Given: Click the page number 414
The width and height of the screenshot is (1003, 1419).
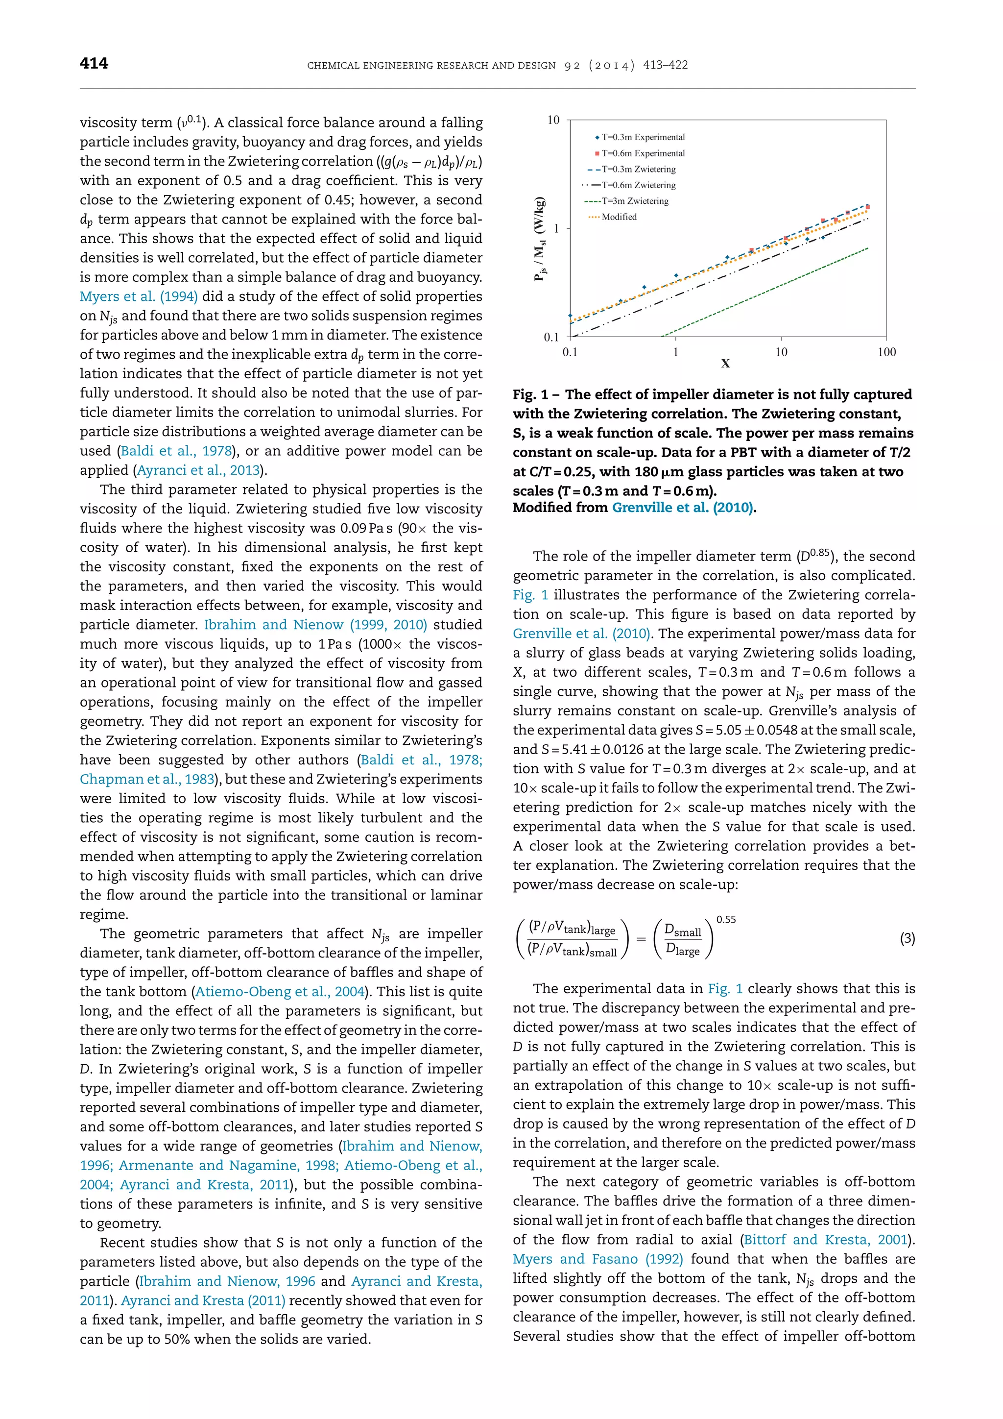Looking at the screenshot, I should [94, 63].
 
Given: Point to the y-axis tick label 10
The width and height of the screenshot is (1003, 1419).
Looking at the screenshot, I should [553, 120].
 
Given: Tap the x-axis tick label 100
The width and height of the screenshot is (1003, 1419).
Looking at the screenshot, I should [886, 352].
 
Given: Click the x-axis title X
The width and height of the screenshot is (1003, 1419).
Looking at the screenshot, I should [726, 364].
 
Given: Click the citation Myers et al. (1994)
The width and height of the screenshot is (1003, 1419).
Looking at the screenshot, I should [138, 296].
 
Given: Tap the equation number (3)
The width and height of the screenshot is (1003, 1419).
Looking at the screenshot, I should [907, 939].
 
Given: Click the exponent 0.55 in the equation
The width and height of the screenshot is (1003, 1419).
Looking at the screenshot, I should [726, 920].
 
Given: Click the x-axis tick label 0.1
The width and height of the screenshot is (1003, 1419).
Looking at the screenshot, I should [570, 352].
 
